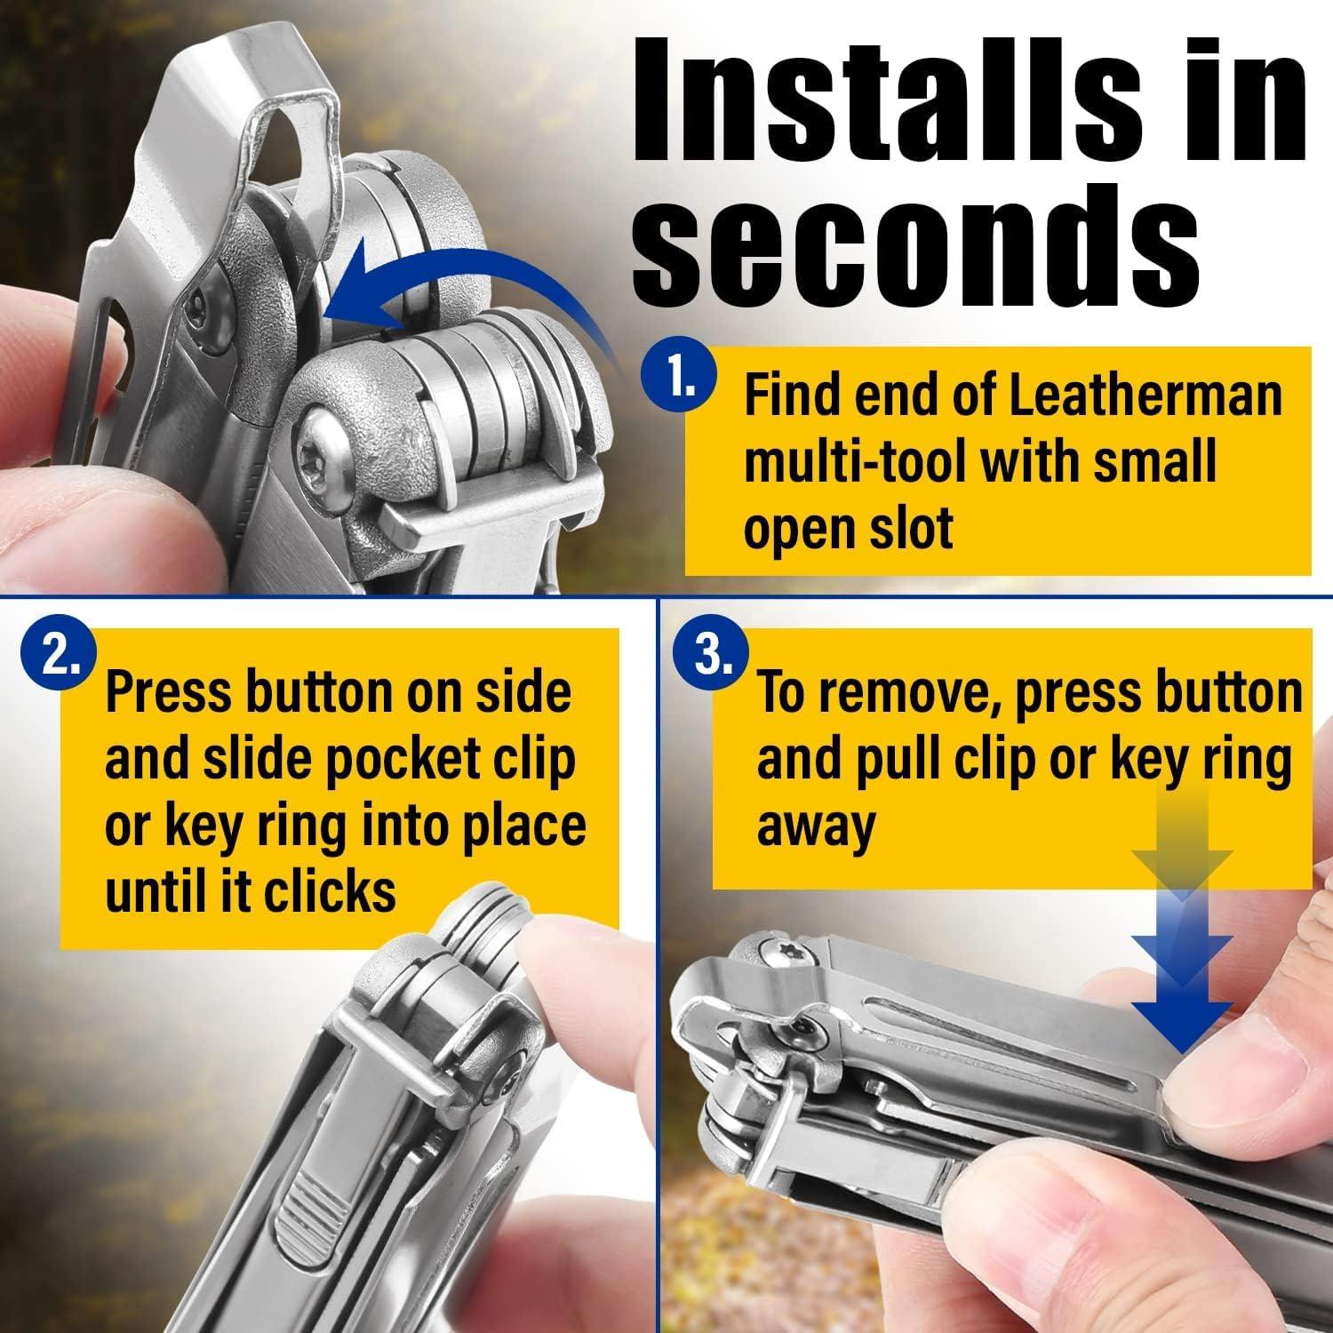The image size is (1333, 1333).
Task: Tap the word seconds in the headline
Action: (915, 234)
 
